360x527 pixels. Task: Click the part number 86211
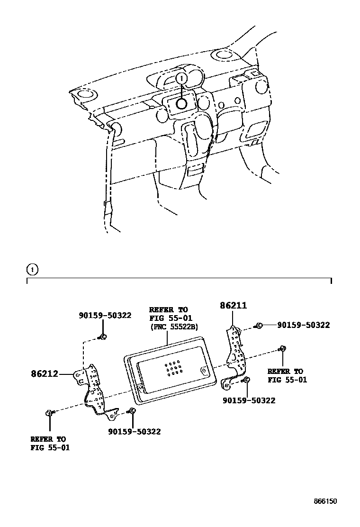tap(233, 306)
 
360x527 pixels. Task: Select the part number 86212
tap(45, 373)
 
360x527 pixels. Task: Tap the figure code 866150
tap(325, 501)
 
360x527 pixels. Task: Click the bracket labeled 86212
tap(95, 391)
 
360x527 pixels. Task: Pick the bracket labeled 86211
tap(235, 351)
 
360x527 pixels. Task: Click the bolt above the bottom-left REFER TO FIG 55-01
tap(49, 414)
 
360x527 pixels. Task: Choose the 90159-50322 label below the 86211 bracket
tap(249, 400)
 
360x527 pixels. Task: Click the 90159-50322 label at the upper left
tap(105, 315)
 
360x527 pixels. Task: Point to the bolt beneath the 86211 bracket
tap(247, 379)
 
